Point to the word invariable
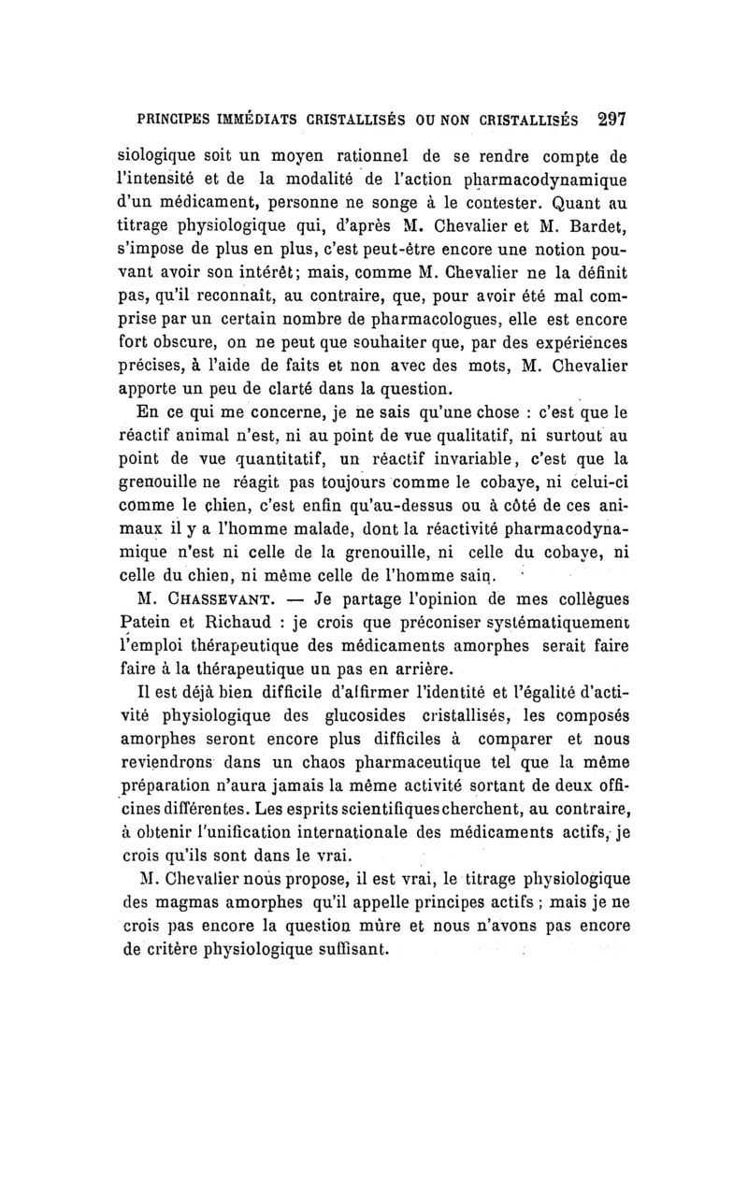click(471, 462)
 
